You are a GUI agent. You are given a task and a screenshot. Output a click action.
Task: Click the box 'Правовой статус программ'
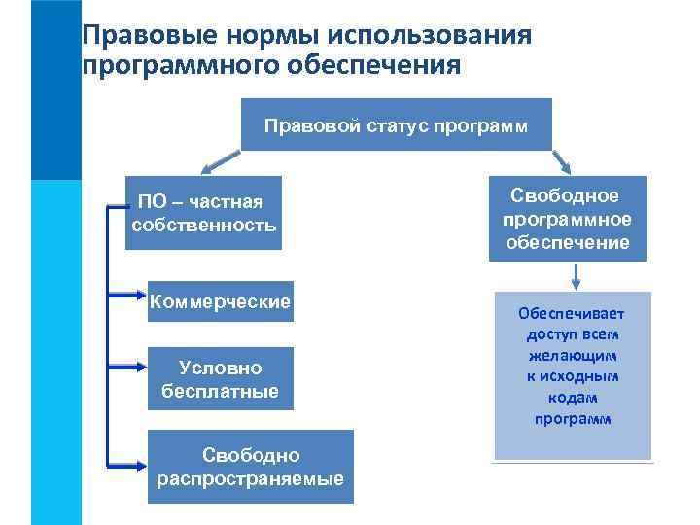click(x=395, y=124)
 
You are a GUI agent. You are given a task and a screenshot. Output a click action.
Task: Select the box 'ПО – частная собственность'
click(x=204, y=213)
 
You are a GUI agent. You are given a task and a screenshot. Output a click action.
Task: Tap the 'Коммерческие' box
click(x=220, y=302)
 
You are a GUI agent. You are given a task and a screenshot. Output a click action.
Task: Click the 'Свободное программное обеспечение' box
click(x=568, y=219)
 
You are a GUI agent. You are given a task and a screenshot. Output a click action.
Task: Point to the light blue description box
click(x=573, y=374)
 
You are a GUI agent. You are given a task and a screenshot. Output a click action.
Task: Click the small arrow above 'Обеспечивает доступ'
click(x=577, y=276)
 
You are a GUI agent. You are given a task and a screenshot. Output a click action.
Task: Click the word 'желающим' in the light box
click(x=573, y=355)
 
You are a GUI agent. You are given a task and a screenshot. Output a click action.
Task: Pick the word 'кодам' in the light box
click(x=573, y=398)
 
